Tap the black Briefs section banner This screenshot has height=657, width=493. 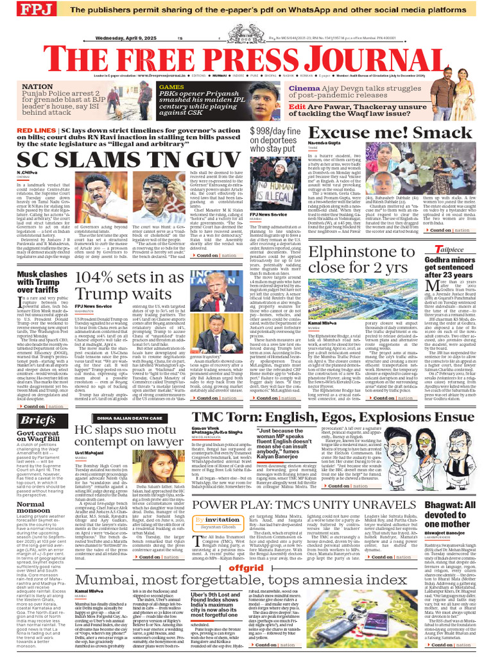pos(37,420)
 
